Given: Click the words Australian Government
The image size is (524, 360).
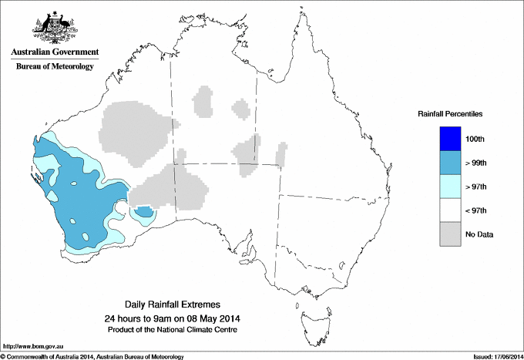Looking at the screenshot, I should click(54, 52).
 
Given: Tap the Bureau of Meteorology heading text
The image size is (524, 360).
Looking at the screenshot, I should click(55, 67).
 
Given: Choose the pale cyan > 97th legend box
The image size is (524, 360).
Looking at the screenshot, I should click(449, 186).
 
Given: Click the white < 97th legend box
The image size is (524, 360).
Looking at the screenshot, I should click(449, 210).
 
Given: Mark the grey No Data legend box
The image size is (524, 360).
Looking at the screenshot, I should click(449, 234).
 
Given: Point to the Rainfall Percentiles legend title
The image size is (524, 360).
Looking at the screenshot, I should click(451, 114).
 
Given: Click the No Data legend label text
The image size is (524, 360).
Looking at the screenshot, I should click(479, 234).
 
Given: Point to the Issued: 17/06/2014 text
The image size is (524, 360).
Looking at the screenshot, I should click(493, 356).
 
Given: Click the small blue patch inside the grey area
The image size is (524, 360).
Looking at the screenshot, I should click(143, 212).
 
